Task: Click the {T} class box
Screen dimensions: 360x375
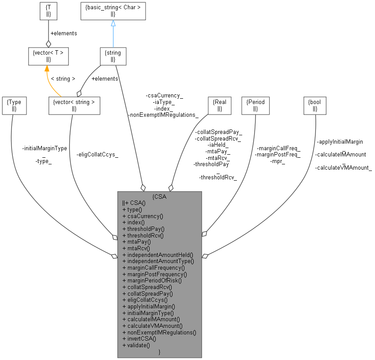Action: tap(49, 11)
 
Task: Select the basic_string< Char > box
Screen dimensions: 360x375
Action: tap(113, 11)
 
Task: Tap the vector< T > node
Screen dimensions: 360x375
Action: tap(49, 56)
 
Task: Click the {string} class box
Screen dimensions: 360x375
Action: tap(113, 56)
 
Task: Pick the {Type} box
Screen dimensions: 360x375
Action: tap(14, 105)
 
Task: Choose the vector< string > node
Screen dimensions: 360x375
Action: tap(74, 105)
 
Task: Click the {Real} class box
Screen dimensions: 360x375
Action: tap(220, 105)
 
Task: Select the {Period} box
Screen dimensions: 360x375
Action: tap(255, 105)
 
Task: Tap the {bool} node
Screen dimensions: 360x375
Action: tap(315, 105)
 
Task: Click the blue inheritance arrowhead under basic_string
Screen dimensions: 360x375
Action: tap(113, 23)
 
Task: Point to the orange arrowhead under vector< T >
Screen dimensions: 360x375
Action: tap(47, 68)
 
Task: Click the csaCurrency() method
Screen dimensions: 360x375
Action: tap(143, 216)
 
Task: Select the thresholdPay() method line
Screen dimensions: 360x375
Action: tap(143, 229)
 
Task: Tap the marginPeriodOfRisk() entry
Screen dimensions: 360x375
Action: tap(152, 280)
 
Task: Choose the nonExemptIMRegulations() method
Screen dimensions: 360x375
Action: tap(159, 331)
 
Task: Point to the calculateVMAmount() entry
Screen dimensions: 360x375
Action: tap(152, 325)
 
